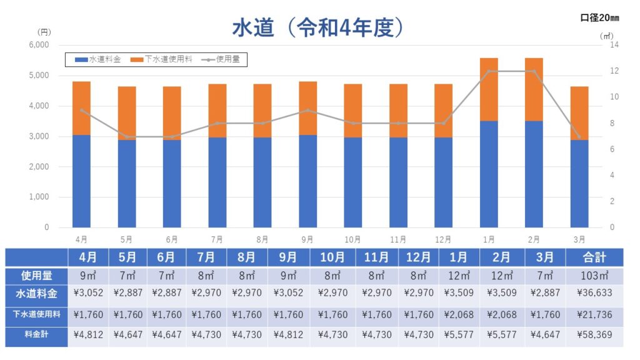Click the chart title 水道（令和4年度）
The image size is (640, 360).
[x=320, y=27]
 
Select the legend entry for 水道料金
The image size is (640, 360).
[x=97, y=59]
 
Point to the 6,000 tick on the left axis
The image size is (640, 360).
[x=39, y=46]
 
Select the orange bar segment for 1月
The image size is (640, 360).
[x=489, y=89]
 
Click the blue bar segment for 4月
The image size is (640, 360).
[x=81, y=181]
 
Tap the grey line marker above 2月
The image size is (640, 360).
[x=534, y=71]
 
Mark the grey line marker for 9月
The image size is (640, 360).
[x=307, y=111]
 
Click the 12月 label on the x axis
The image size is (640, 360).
[x=443, y=239]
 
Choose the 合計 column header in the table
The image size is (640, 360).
[x=594, y=257]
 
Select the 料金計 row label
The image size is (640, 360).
[x=36, y=334]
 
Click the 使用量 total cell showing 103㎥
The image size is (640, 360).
[x=594, y=275]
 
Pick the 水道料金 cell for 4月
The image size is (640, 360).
[x=88, y=292]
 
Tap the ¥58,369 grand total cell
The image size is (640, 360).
[x=594, y=334]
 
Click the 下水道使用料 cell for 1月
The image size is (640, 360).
[x=459, y=314]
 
